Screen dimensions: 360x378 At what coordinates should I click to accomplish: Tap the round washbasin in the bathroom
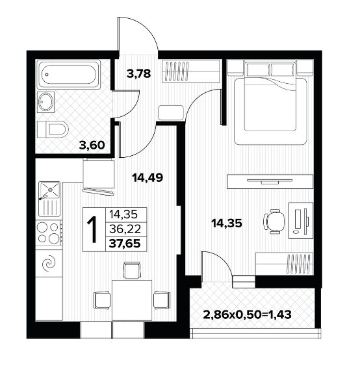tap(46, 102)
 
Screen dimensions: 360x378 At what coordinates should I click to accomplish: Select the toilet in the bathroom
tap(53, 129)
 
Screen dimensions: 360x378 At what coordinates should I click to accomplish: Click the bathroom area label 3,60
tap(92, 145)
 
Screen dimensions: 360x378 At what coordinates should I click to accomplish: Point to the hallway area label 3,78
tap(138, 73)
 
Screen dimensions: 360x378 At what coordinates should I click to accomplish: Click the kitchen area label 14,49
tap(148, 178)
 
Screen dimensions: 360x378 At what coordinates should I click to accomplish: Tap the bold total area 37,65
tap(125, 244)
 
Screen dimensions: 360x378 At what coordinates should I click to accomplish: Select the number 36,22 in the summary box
tap(125, 229)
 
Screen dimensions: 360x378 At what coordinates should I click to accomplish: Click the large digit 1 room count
tap(92, 229)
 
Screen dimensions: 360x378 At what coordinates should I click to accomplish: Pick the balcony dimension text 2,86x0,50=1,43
tap(247, 314)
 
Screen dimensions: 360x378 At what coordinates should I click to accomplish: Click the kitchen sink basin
tap(49, 190)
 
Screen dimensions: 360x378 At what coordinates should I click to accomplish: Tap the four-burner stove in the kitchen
tap(49, 233)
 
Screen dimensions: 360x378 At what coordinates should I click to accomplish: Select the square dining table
tap(132, 300)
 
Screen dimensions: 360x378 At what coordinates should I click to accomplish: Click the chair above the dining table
tap(132, 270)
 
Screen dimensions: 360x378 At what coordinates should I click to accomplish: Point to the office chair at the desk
tap(274, 221)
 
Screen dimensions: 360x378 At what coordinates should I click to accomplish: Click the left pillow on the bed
tap(257, 69)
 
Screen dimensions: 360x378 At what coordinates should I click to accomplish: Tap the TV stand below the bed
tap(270, 181)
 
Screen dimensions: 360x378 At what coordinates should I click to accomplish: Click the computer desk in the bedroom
tap(301, 220)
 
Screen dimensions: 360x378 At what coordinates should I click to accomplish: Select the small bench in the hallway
tap(171, 112)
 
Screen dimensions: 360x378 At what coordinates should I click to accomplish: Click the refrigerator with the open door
tap(98, 177)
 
